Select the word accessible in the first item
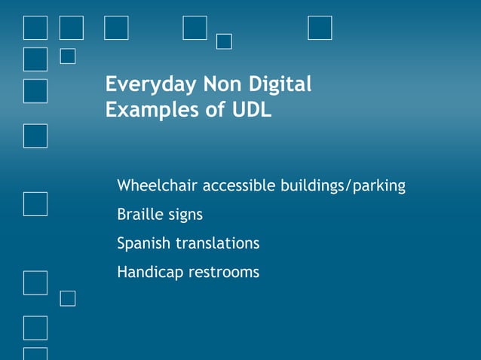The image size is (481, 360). pyautogui.click(x=240, y=185)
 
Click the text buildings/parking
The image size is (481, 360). pyautogui.click(x=343, y=185)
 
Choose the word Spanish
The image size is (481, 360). pyautogui.click(x=144, y=244)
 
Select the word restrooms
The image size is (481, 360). pyautogui.click(x=224, y=273)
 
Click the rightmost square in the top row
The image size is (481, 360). pyautogui.click(x=320, y=28)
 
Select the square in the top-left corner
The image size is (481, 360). pyautogui.click(x=35, y=28)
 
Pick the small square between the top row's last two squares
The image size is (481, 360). pyautogui.click(x=224, y=41)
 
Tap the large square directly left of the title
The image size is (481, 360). pyautogui.click(x=35, y=90)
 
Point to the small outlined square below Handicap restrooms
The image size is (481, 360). pyautogui.click(x=68, y=298)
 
